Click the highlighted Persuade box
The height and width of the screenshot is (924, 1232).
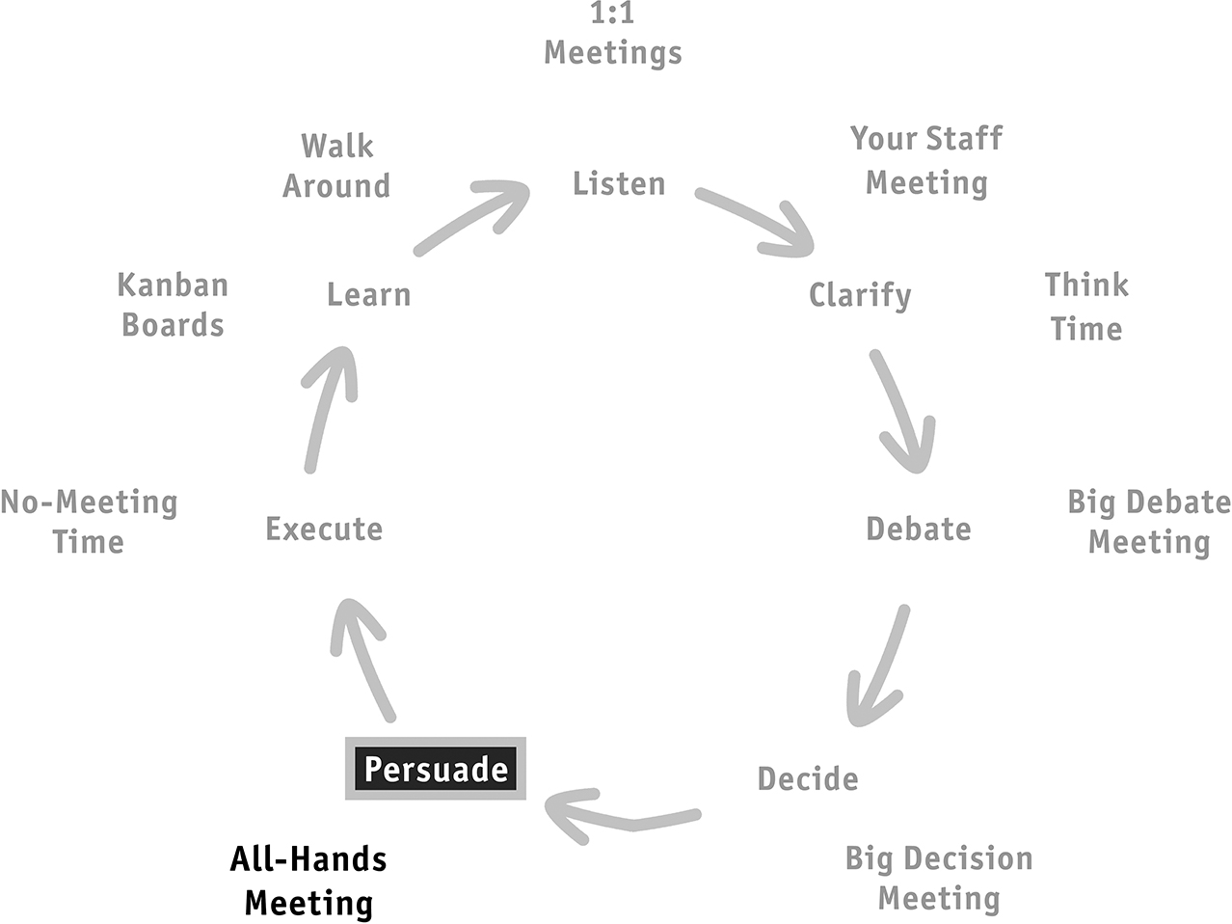tap(436, 769)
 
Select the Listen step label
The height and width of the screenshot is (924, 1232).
tap(619, 184)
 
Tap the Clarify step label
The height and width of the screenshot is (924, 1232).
tap(860, 296)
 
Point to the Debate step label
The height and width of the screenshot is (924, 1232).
tap(919, 529)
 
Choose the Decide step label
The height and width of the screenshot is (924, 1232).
tap(808, 778)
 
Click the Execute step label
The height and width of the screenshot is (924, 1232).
tap(324, 529)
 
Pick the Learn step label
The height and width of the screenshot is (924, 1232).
tap(369, 295)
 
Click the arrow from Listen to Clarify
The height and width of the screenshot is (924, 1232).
tap(755, 221)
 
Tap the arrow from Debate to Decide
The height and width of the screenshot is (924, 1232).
tap(882, 666)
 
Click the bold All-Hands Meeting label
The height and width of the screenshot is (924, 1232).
tap(308, 882)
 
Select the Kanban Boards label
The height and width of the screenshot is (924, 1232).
tap(173, 305)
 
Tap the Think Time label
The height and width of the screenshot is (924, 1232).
tap(1086, 307)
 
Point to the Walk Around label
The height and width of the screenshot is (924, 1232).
tap(336, 166)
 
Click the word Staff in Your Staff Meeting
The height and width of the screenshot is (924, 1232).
tap(964, 139)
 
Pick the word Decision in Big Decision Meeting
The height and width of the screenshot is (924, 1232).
tap(968, 859)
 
